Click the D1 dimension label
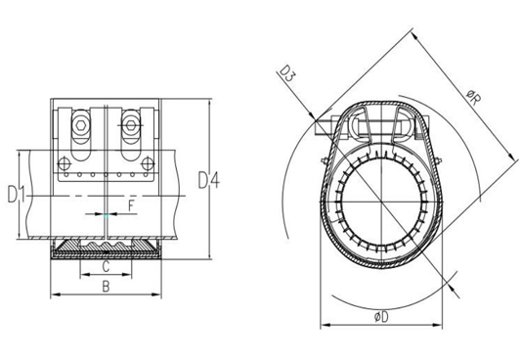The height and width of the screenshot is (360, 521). (x=17, y=195)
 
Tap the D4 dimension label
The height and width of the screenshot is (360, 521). (x=208, y=180)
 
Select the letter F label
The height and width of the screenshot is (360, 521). (x=131, y=205)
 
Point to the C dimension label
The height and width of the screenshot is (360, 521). (x=106, y=267)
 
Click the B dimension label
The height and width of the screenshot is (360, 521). (x=106, y=287)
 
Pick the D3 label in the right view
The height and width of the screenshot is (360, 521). (x=286, y=73)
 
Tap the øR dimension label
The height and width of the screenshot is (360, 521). (x=473, y=98)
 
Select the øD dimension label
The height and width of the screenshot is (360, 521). (x=381, y=317)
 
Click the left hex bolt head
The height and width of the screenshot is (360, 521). (x=80, y=125)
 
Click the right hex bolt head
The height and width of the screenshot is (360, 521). (x=130, y=125)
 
